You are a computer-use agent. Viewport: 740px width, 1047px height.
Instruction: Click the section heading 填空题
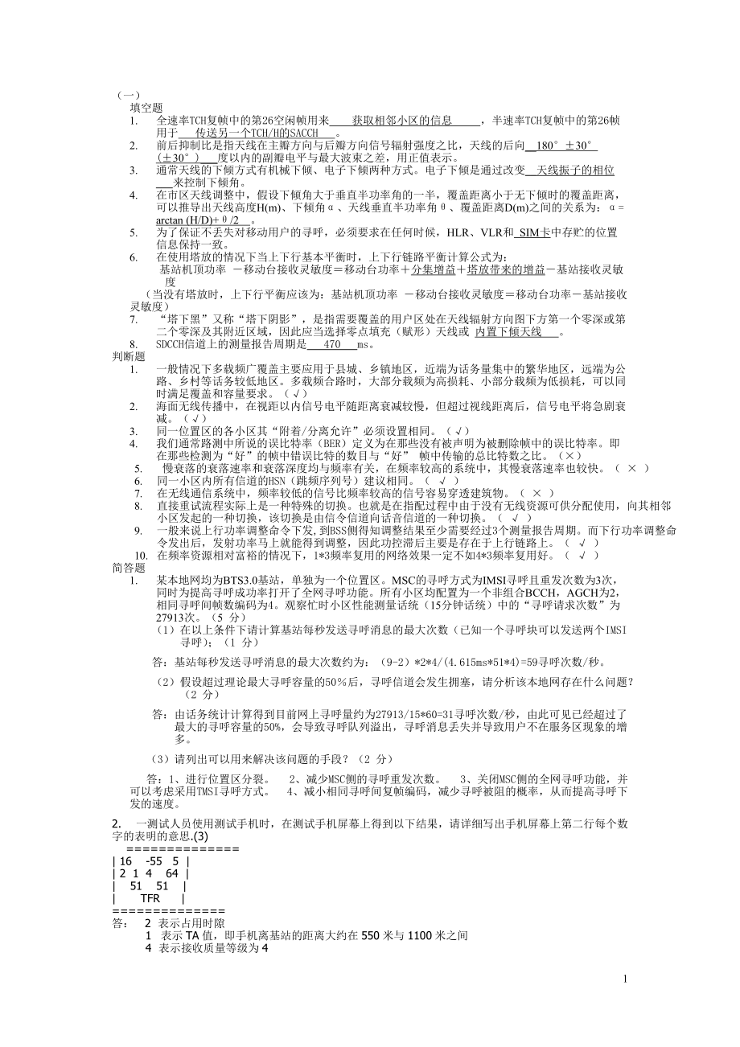point(146,108)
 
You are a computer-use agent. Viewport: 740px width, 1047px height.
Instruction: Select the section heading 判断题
point(128,356)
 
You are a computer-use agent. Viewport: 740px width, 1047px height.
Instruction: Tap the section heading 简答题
point(128,567)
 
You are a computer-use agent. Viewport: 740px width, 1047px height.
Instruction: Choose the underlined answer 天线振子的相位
point(576,170)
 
